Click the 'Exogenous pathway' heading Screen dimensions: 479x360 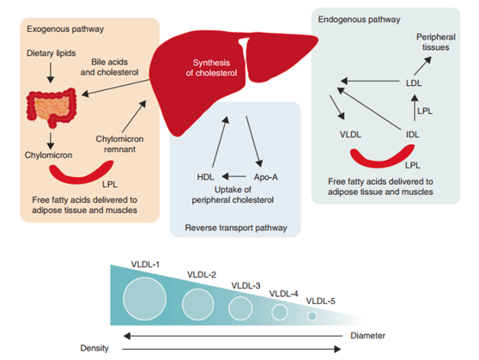(x=65, y=29)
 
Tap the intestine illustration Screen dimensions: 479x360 (x=52, y=107)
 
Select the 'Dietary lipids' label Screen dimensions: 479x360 (x=52, y=53)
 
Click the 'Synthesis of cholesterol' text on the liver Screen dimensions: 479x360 (x=211, y=68)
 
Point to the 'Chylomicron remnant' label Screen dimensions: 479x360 (x=120, y=144)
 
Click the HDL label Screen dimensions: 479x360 (x=205, y=177)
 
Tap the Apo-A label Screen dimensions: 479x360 (x=266, y=177)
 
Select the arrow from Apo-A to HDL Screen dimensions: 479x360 (x=234, y=176)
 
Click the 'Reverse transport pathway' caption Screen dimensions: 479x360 (x=236, y=228)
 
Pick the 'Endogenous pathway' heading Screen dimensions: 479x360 (x=359, y=20)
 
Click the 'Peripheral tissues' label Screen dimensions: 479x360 (x=436, y=42)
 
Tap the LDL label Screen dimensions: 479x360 (x=414, y=83)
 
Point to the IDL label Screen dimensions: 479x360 (x=413, y=134)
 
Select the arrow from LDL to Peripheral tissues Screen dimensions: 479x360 (x=422, y=66)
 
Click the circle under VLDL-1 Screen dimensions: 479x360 (x=144, y=299)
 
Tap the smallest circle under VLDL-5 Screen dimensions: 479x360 (x=312, y=316)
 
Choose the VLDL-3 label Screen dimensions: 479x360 (x=246, y=285)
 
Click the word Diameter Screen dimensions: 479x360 (x=367, y=336)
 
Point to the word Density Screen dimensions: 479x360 (x=94, y=348)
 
